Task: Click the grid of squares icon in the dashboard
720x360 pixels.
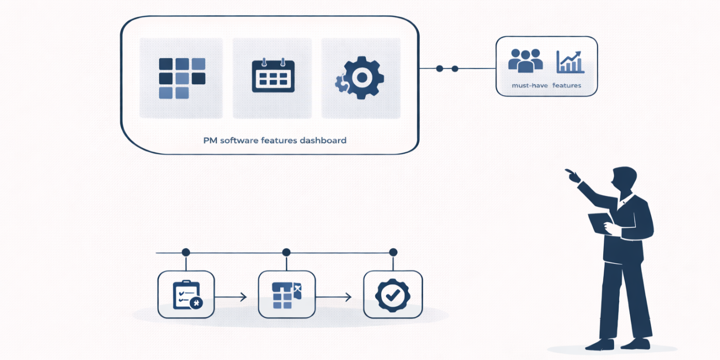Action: coord(182,78)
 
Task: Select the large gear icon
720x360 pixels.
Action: coord(361,78)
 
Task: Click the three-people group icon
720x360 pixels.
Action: coord(525,60)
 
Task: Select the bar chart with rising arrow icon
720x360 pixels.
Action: coord(570,62)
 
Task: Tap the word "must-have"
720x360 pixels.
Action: coord(529,85)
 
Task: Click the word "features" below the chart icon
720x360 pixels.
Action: coord(567,85)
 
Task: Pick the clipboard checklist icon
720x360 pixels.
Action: coord(186,295)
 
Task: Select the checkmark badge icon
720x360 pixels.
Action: coord(392,295)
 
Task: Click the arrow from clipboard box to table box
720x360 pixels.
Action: coord(230,297)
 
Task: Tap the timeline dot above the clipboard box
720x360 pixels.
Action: coord(186,253)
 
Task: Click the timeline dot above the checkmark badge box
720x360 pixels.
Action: coord(393,253)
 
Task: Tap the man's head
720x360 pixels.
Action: coord(624,180)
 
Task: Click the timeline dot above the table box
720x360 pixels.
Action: coord(286,253)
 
